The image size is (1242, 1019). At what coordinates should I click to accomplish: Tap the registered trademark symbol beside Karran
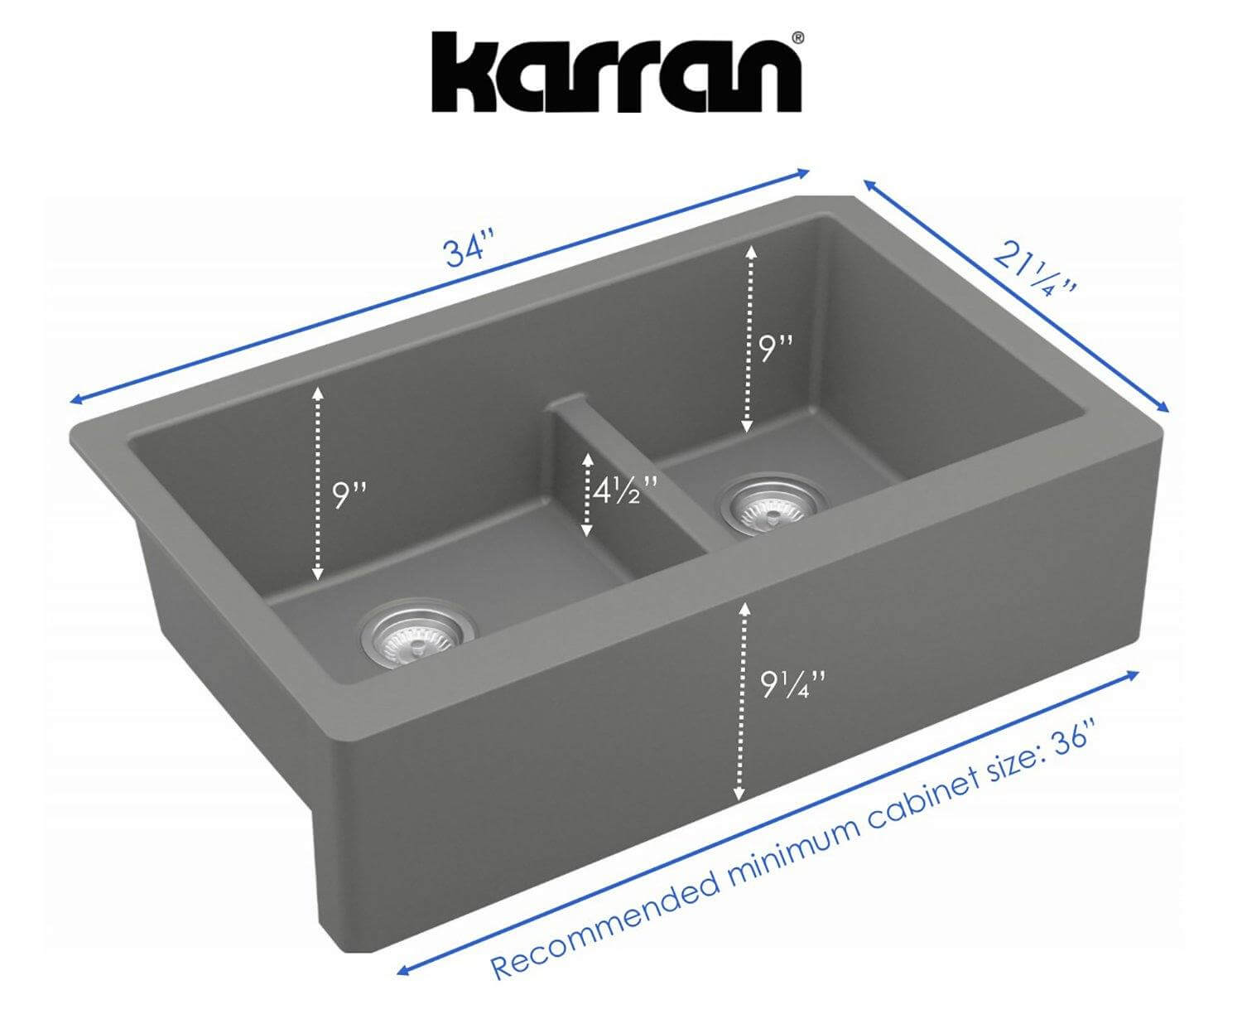pyautogui.click(x=797, y=37)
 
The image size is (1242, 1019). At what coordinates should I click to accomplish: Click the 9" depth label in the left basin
pyautogui.click(x=349, y=495)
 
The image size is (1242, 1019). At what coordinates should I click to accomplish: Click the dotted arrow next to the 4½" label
pyautogui.click(x=587, y=495)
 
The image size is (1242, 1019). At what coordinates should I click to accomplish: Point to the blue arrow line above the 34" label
pyautogui.click(x=439, y=287)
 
